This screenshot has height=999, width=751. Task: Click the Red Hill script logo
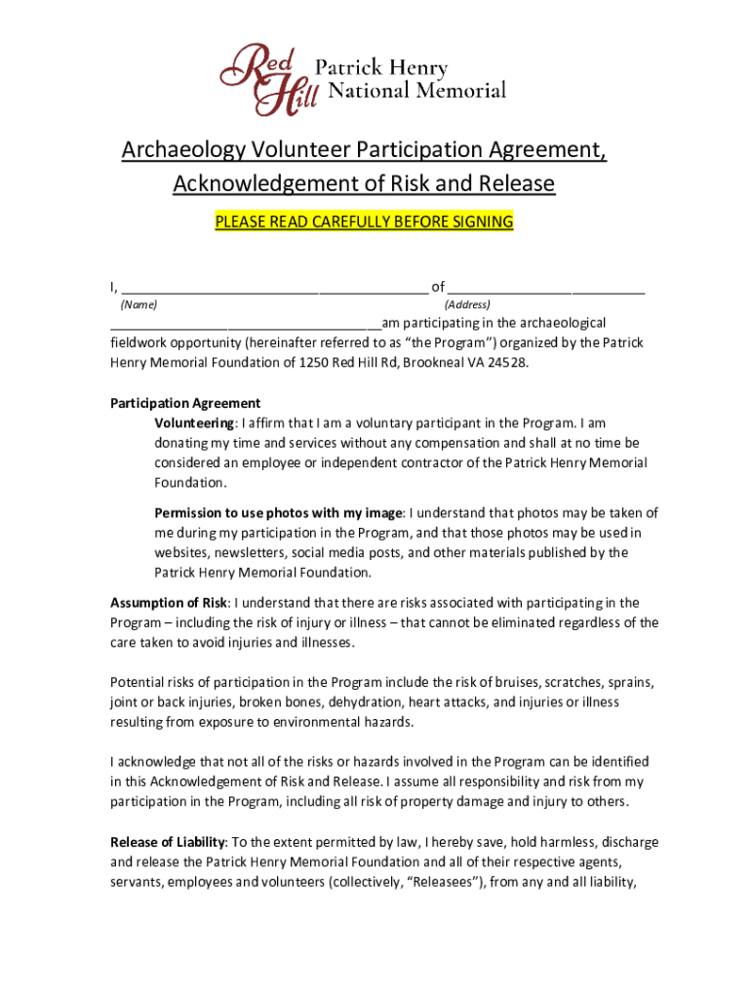coord(265,78)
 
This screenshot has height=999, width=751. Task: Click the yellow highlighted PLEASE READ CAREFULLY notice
coord(364,221)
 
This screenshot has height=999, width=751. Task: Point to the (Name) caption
coord(138,305)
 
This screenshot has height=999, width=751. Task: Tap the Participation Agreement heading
coord(185,403)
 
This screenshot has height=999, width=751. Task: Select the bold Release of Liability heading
coord(168,842)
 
